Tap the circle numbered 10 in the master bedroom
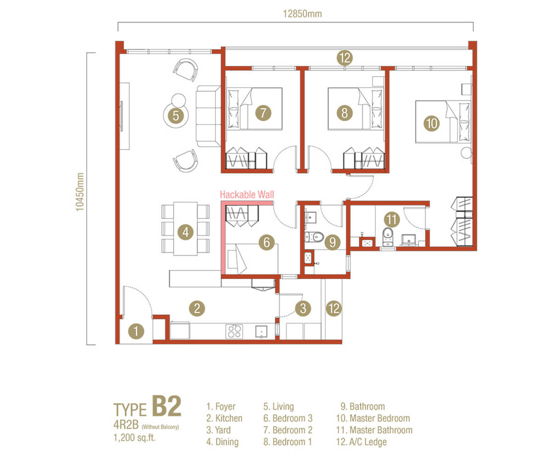(x=432, y=123)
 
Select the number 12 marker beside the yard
(x=334, y=308)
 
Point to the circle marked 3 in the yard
(x=303, y=308)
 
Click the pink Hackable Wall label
(x=247, y=195)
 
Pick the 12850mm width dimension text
(x=302, y=14)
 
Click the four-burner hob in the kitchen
(x=234, y=331)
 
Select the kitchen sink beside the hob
(x=261, y=331)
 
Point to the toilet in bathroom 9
(x=314, y=237)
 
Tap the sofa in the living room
(x=208, y=116)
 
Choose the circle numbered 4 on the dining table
(x=186, y=232)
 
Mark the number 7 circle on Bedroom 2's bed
(x=263, y=112)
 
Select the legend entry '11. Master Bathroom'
(x=374, y=430)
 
